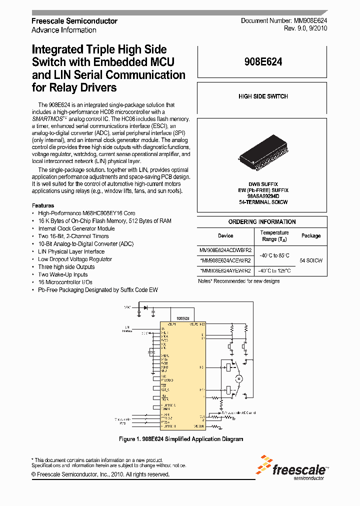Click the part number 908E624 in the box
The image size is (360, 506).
coord(263,62)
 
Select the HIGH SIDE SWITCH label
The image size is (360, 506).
coord(263,96)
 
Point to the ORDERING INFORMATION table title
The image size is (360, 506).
coord(262,222)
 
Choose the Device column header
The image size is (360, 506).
coord(225,235)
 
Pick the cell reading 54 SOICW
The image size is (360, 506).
coord(311,260)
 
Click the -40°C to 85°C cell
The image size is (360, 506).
coord(274,255)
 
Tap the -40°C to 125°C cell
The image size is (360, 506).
coord(274,271)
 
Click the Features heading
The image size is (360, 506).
coord(43,205)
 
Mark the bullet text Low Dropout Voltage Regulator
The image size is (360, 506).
coord(75,259)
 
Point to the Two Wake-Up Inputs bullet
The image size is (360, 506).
coord(63,274)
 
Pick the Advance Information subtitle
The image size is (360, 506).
coord(63,30)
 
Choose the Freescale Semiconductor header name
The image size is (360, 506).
coord(74,21)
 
